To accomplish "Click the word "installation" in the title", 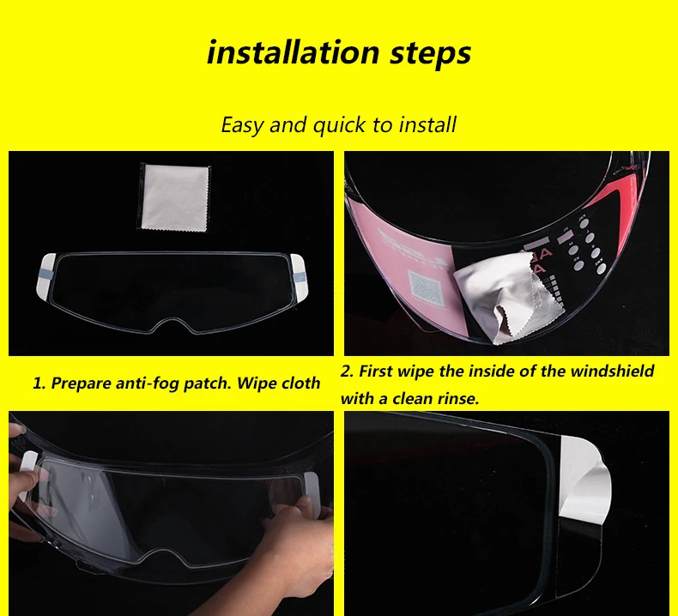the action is click(294, 51).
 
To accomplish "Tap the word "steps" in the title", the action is click(430, 53).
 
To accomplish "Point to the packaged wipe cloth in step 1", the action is click(175, 197).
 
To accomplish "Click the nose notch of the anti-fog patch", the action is click(173, 325).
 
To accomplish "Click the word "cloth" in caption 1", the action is click(300, 383).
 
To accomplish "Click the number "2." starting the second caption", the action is click(347, 371).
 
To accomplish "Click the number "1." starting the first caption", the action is click(39, 383).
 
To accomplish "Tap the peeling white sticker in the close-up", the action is click(584, 480).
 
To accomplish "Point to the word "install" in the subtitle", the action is click(427, 124).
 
